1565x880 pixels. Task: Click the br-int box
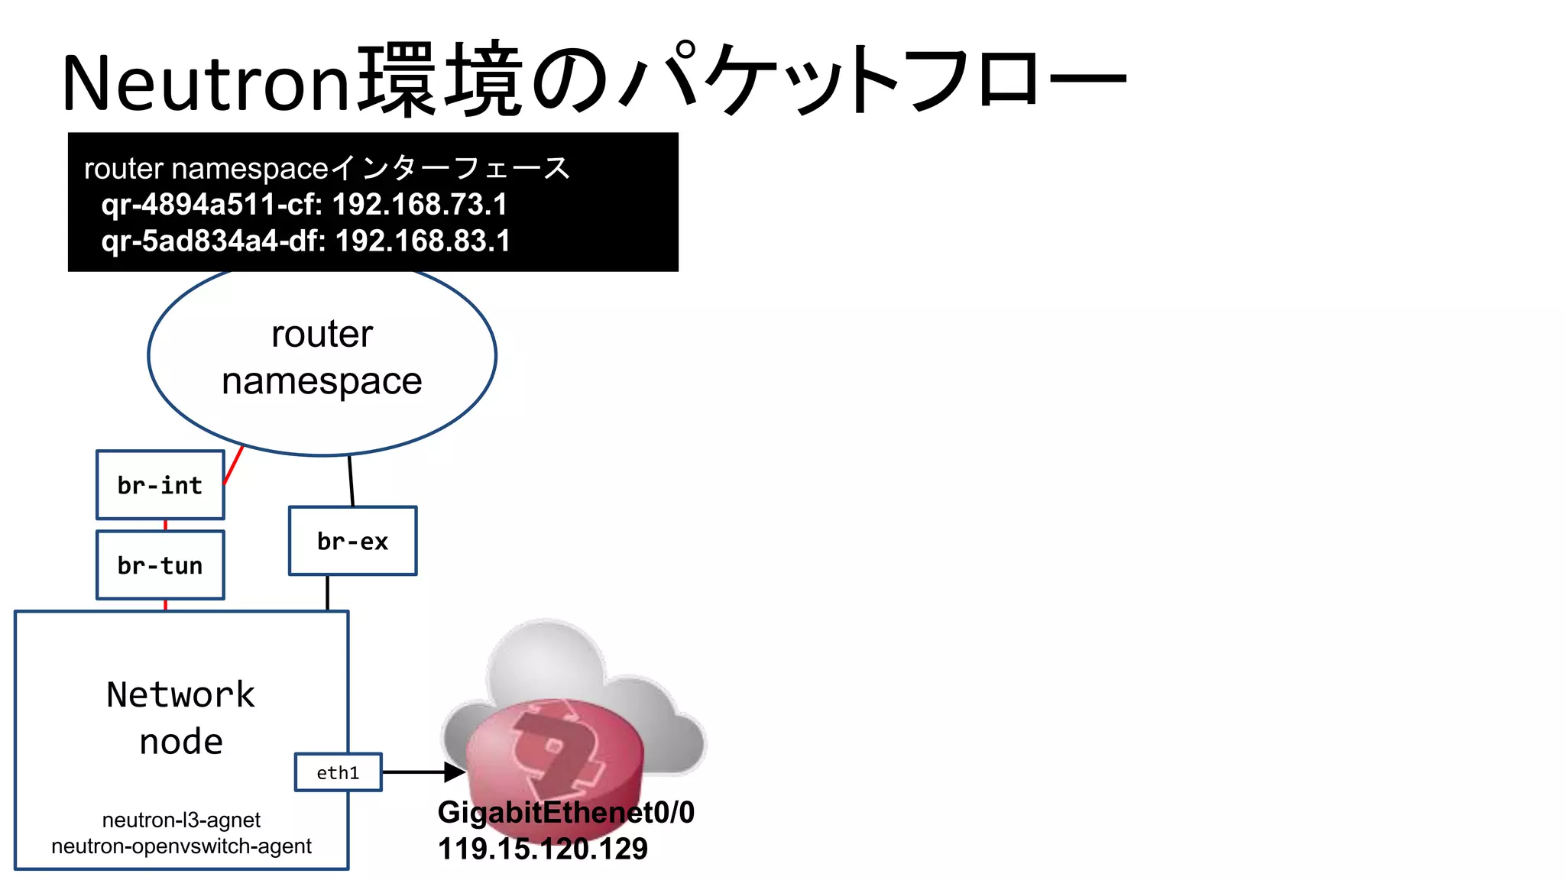point(160,485)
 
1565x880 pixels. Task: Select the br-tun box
point(160,565)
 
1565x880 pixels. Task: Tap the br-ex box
point(352,541)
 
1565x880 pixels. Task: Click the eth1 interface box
point(338,772)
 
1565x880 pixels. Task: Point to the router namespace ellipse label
point(322,357)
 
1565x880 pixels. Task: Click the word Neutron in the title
point(205,82)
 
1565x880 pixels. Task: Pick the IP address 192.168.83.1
point(423,241)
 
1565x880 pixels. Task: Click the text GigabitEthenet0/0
point(565,812)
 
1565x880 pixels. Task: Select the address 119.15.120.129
point(543,849)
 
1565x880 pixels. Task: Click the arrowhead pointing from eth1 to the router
point(454,772)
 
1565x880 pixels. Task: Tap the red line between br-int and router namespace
point(234,464)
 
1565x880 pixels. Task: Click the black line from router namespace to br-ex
point(351,481)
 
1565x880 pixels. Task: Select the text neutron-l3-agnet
point(181,820)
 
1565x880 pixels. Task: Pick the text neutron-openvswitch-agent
point(181,846)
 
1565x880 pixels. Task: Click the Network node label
point(181,718)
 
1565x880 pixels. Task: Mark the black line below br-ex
point(328,593)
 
